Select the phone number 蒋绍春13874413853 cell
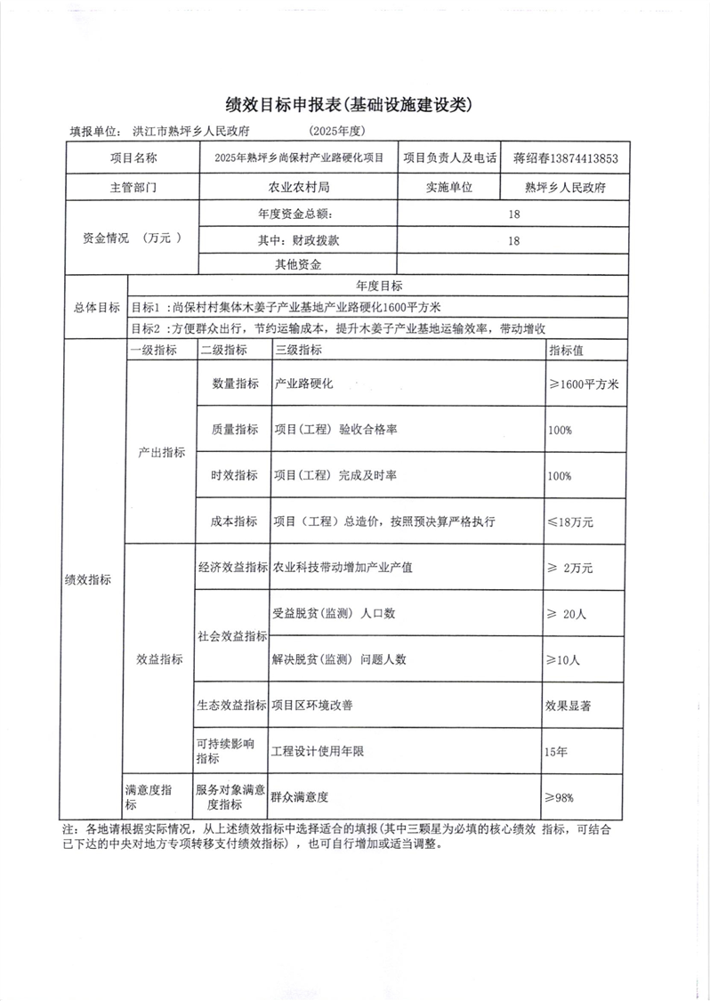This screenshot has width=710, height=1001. pos(565,159)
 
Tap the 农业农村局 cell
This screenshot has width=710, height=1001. pos(299,188)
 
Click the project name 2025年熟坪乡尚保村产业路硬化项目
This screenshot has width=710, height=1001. pos(299,159)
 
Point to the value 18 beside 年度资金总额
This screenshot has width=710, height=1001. pos(513,214)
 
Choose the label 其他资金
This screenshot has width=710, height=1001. pos(298,264)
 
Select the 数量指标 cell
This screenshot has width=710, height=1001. pos(235,383)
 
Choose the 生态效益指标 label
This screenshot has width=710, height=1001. pos(232,706)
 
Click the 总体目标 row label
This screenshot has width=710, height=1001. pos(96,307)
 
